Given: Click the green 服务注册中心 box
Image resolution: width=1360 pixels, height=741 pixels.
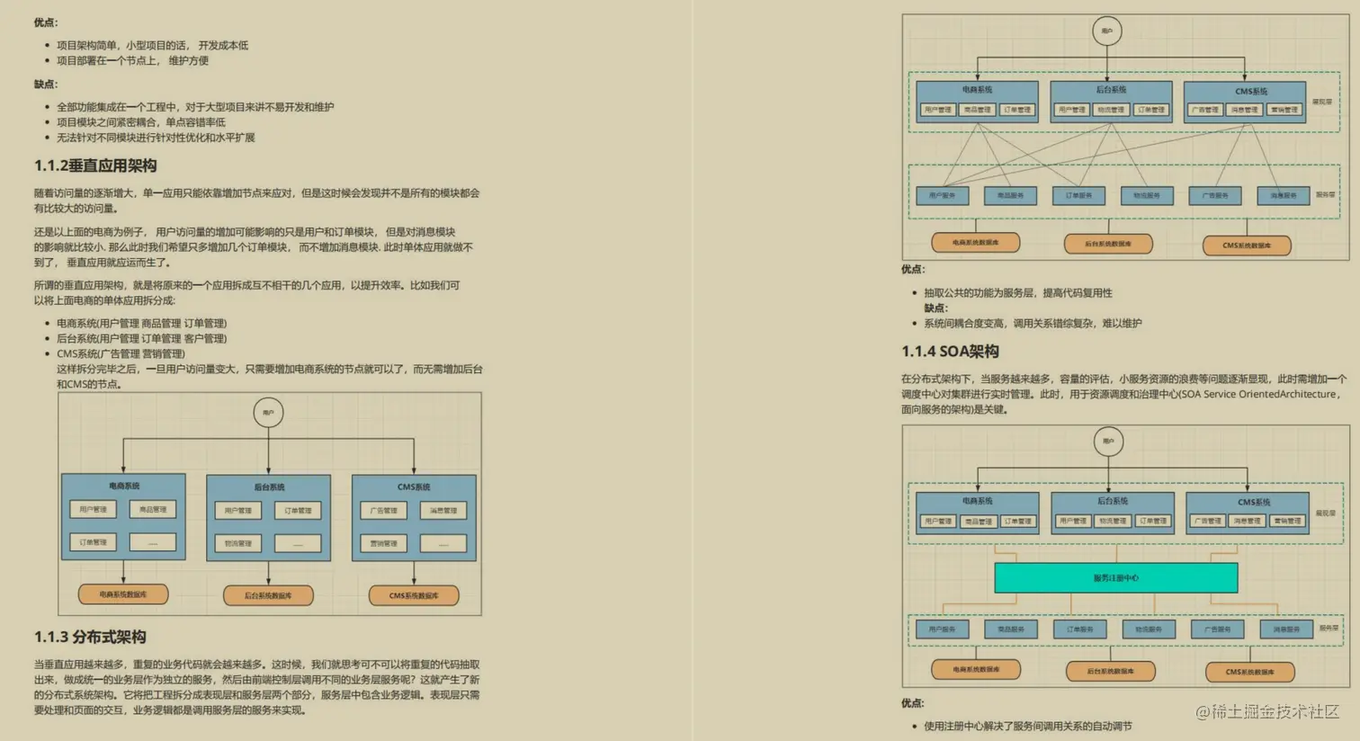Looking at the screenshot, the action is pyautogui.click(x=1115, y=577).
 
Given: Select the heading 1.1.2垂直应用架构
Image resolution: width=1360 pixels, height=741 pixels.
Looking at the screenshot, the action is pyautogui.click(x=95, y=165).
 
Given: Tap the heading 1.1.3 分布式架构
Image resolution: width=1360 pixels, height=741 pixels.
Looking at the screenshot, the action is pyautogui.click(x=90, y=637).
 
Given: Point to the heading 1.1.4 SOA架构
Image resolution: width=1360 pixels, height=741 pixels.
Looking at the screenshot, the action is pyautogui.click(x=950, y=352).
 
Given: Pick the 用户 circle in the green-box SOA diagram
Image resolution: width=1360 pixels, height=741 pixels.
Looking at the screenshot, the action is pyautogui.click(x=1108, y=441).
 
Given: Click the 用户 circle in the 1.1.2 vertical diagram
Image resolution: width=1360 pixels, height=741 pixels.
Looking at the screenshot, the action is pyautogui.click(x=268, y=413).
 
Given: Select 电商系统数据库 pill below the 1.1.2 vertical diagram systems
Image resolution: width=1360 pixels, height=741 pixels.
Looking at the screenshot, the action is pyautogui.click(x=123, y=594).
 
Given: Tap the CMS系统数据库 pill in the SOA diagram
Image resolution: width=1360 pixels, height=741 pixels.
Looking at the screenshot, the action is pyautogui.click(x=1249, y=672).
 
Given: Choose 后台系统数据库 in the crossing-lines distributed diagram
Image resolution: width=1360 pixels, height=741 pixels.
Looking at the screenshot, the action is pyautogui.click(x=1108, y=244).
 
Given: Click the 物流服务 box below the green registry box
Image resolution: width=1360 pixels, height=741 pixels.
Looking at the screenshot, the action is pyautogui.click(x=1149, y=629).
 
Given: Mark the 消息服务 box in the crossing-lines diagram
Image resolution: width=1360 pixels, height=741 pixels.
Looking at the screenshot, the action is pyautogui.click(x=1284, y=195).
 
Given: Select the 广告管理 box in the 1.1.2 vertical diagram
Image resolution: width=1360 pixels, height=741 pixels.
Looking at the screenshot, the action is pyautogui.click(x=384, y=511).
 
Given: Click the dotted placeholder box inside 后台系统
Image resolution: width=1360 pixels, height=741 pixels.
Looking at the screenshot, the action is pyautogui.click(x=298, y=543).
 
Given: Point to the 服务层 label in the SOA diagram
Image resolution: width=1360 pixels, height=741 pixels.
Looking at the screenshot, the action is pyautogui.click(x=1328, y=629).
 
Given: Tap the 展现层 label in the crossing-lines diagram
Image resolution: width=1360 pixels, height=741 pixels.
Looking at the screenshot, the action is pyautogui.click(x=1322, y=103).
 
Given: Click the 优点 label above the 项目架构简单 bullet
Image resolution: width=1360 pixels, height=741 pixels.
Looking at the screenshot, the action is pyautogui.click(x=46, y=22).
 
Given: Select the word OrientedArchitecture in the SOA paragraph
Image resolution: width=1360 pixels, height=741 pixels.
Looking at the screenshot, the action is pyautogui.click(x=1288, y=394).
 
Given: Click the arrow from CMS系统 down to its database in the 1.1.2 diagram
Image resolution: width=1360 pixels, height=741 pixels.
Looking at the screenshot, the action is pyautogui.click(x=414, y=573).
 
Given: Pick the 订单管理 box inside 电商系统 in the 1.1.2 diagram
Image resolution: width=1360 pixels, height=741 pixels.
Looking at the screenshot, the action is pyautogui.click(x=93, y=542).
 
